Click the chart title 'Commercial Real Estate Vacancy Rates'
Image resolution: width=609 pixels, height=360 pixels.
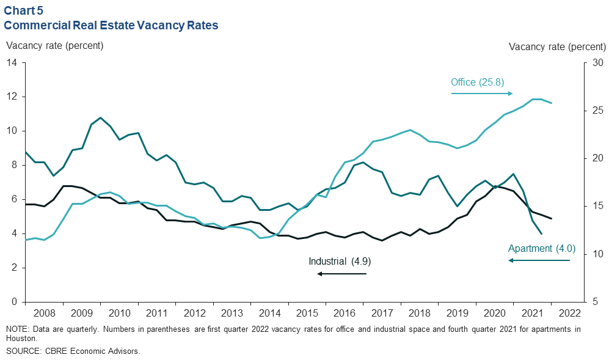[111, 26]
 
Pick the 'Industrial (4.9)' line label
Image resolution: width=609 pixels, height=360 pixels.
[340, 261]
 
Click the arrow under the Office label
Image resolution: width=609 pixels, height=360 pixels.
[481, 94]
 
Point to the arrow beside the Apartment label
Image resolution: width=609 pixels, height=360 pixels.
[539, 261]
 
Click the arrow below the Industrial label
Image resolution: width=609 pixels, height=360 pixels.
[341, 274]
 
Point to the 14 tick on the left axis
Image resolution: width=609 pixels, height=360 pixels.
[12, 63]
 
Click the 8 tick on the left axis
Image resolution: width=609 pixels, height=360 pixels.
[14, 165]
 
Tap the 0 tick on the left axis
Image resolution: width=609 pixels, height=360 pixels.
[14, 302]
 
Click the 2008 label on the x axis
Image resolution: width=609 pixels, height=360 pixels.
[44, 314]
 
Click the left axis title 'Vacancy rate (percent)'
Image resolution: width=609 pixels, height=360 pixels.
[55, 46]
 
